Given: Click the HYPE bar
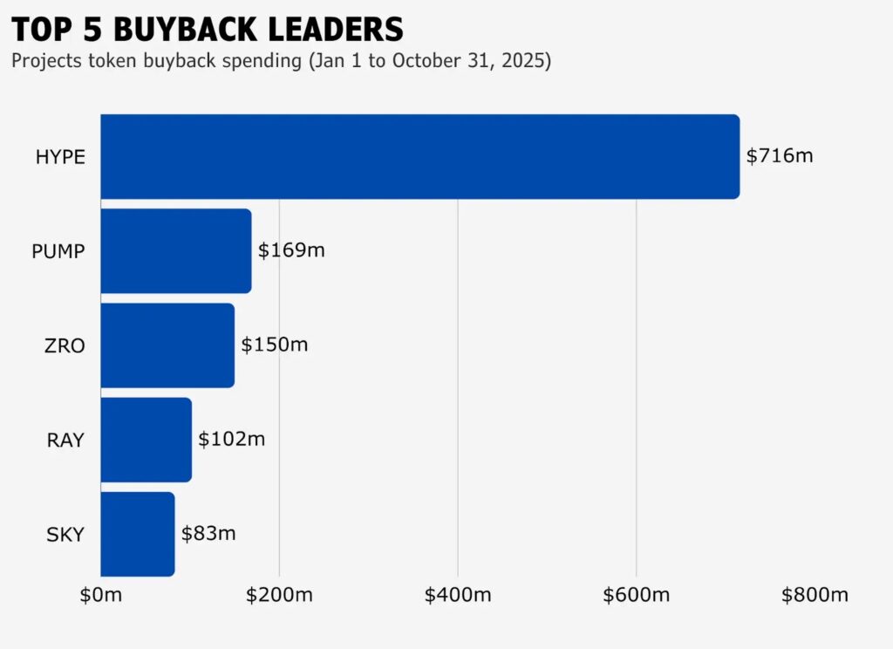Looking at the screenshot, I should [x=419, y=157].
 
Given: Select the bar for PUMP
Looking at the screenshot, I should [x=175, y=251].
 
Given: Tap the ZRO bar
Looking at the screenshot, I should [x=167, y=345].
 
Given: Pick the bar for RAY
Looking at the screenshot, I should [x=146, y=440].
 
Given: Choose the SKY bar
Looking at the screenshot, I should [x=137, y=534].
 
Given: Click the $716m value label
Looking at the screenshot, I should [x=780, y=157].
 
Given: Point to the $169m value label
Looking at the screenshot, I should [x=291, y=251].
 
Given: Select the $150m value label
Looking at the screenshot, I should [x=275, y=345].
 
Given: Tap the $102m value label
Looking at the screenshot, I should [x=231, y=440].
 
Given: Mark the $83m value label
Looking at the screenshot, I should [x=208, y=534].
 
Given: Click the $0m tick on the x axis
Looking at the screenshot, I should [x=101, y=596].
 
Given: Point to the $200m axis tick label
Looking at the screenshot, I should [x=279, y=596].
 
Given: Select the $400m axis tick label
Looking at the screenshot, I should [x=458, y=596].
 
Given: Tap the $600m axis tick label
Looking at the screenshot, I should [x=636, y=596].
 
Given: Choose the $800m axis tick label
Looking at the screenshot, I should [x=815, y=596].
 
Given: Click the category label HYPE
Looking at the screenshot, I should [x=60, y=158].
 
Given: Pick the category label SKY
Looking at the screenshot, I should [x=65, y=535].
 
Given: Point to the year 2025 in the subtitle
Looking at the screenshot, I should [x=524, y=62].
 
